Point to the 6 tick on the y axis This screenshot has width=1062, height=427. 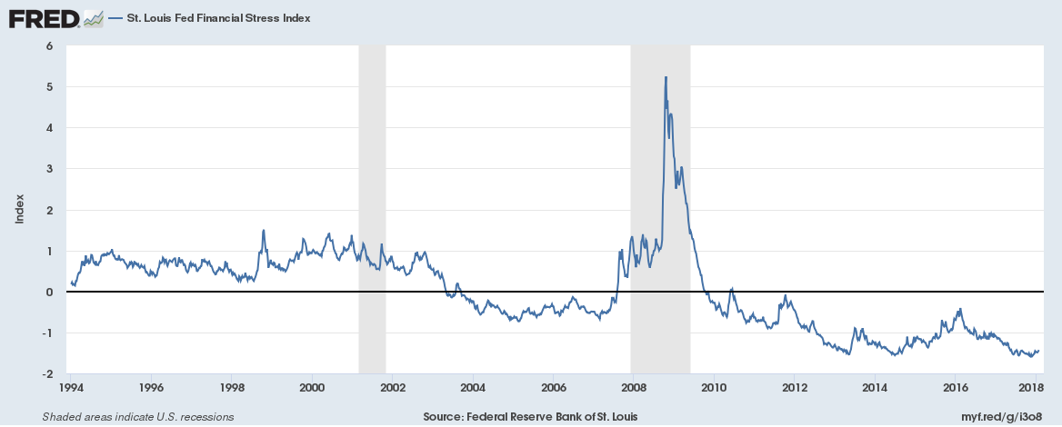click(50, 45)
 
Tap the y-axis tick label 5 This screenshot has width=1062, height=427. click(50, 87)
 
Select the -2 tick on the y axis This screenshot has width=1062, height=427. click(47, 374)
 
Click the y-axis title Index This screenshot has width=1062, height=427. click(19, 210)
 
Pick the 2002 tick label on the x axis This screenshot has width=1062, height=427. click(392, 388)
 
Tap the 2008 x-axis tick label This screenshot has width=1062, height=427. click(633, 388)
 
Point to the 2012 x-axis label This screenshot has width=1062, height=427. click(794, 388)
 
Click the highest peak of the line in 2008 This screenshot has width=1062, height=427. click(666, 77)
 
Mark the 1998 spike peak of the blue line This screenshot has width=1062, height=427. click(264, 231)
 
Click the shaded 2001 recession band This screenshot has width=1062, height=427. click(372, 182)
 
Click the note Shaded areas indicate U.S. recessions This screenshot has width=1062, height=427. click(138, 417)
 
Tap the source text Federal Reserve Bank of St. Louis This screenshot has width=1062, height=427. click(530, 417)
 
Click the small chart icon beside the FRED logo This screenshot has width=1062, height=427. click(93, 18)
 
